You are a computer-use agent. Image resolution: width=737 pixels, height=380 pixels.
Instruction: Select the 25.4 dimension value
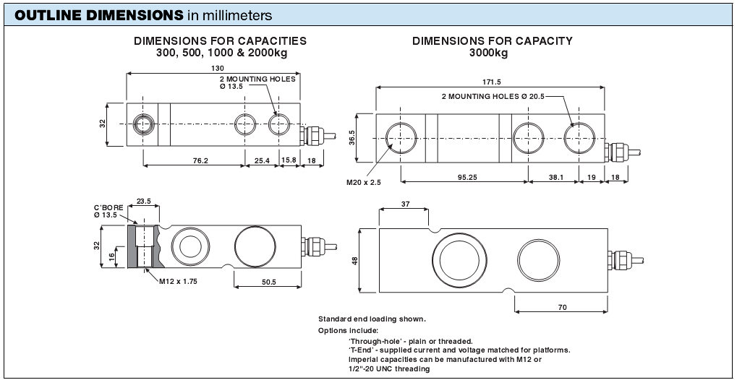pyautogui.click(x=262, y=160)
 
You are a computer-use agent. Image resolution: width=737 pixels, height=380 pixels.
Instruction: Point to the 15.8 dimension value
pyautogui.click(x=289, y=160)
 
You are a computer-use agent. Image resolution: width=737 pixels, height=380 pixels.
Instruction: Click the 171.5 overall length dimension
pyautogui.click(x=490, y=82)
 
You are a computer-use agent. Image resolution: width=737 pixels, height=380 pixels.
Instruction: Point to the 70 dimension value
pyautogui.click(x=562, y=308)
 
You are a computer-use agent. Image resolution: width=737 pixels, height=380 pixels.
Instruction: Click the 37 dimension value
pyautogui.click(x=404, y=204)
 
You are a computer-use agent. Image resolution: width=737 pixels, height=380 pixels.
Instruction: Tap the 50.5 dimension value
pyautogui.click(x=268, y=281)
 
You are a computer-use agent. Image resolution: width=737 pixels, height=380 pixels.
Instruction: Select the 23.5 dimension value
pyautogui.click(x=142, y=202)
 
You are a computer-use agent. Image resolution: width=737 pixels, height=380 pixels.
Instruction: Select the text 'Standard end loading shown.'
pyautogui.click(x=372, y=319)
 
